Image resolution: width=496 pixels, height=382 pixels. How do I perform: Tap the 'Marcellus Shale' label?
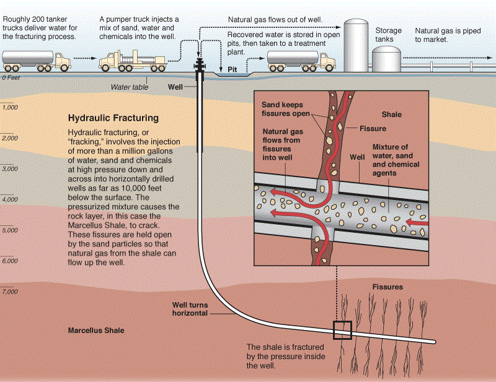coord(95,331)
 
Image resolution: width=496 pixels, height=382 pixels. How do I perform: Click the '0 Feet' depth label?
coord(11,79)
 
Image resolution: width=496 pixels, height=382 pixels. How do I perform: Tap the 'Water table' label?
coord(128,87)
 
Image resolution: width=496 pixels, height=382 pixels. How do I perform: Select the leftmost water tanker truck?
coord(36,61)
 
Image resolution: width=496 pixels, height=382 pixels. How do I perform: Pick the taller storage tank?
coord(356,46)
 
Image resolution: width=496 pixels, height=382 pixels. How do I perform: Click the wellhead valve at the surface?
coord(200,65)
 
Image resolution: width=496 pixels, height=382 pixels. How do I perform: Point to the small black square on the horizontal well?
coord(342,331)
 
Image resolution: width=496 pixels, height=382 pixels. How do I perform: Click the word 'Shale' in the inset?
coord(392,115)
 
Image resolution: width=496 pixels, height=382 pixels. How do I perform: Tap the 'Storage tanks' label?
coord(389,35)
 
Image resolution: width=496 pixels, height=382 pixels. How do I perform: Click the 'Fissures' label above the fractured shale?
coord(387,287)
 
